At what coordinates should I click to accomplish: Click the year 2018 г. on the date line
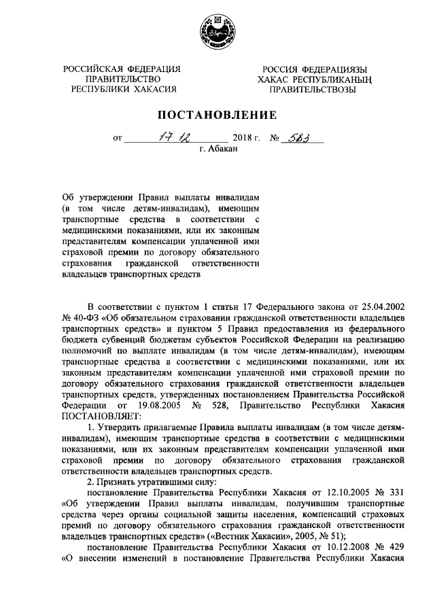[x=247, y=138]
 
